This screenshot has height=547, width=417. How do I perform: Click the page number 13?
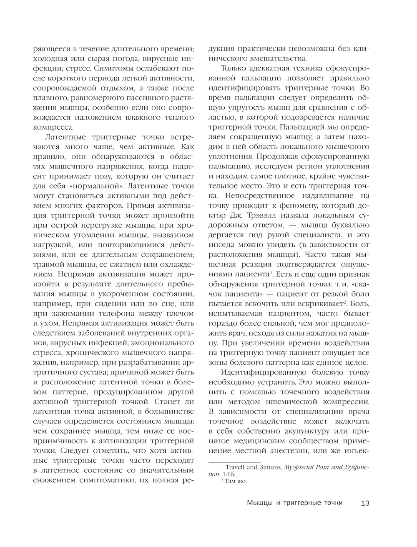pyautogui.click(x=365, y=503)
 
